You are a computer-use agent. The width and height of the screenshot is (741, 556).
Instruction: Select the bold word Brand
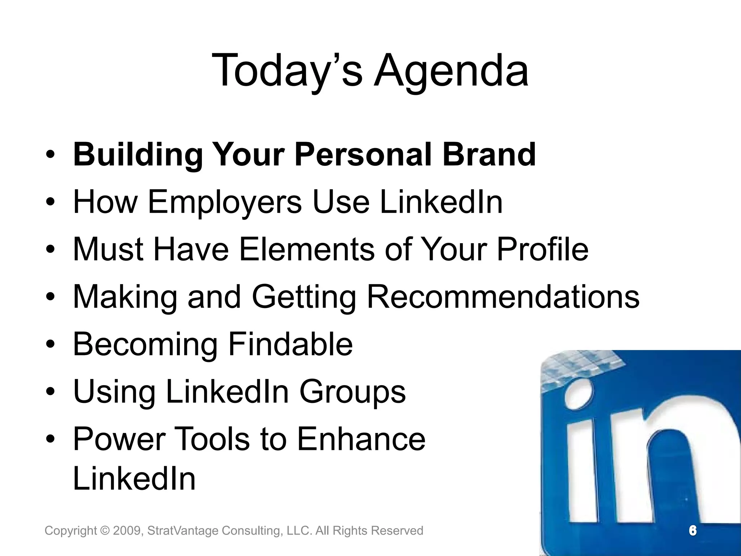tap(489, 155)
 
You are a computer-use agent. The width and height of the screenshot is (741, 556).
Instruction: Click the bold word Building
tap(138, 155)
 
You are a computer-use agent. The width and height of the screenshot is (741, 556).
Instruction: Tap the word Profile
tap(542, 249)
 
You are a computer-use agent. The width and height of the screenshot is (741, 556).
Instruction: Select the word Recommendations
tap(503, 297)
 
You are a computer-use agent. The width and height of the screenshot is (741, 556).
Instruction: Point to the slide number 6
tap(693, 531)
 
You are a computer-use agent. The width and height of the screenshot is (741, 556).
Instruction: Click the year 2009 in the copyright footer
tap(125, 531)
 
